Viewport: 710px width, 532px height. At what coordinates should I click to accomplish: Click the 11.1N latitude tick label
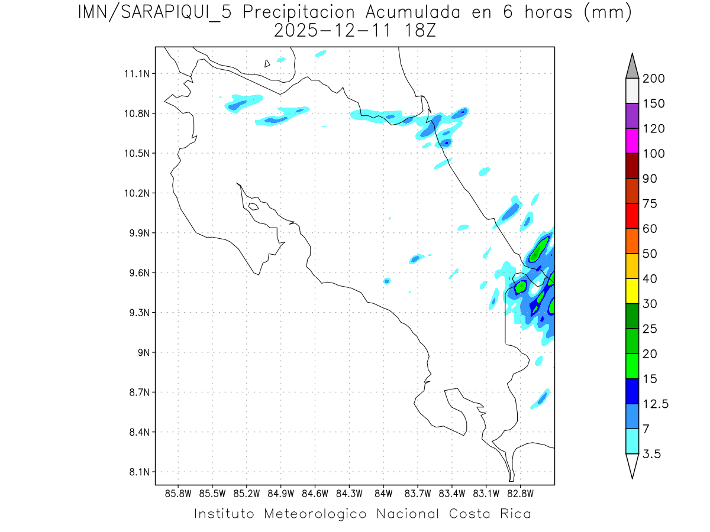pyautogui.click(x=136, y=74)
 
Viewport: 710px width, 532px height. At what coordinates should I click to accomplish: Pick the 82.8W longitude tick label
pyautogui.click(x=520, y=493)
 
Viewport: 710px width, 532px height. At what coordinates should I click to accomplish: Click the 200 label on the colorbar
pyautogui.click(x=654, y=79)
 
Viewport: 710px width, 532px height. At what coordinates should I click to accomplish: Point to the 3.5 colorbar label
pyautogui.click(x=653, y=454)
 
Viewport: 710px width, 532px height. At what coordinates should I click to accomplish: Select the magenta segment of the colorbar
pyautogui.click(x=632, y=141)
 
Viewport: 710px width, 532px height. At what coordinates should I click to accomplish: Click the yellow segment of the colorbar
pyautogui.click(x=632, y=291)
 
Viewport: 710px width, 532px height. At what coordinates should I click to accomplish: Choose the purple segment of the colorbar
pyautogui.click(x=632, y=116)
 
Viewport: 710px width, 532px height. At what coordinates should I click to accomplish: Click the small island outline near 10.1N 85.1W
pyautogui.click(x=253, y=206)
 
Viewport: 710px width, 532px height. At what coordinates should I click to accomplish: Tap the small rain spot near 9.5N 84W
pyautogui.click(x=387, y=281)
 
